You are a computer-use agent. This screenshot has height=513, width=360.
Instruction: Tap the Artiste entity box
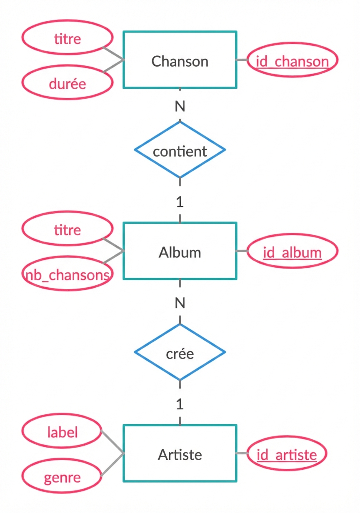[x=180, y=453]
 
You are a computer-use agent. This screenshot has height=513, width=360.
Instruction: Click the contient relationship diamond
[x=180, y=150]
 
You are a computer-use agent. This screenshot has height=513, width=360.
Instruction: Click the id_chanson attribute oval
[x=292, y=61]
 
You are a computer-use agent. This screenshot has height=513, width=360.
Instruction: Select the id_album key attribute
[x=292, y=252]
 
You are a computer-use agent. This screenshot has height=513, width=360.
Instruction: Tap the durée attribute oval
[x=67, y=83]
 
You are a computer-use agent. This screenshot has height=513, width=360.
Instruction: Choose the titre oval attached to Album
[x=67, y=229]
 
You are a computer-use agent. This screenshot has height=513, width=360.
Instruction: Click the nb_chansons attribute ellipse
[x=67, y=274]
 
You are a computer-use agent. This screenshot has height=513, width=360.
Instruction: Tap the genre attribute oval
[x=62, y=476]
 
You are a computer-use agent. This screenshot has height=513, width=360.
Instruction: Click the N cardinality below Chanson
[x=180, y=107]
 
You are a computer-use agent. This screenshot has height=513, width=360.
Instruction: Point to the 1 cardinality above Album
[x=180, y=202]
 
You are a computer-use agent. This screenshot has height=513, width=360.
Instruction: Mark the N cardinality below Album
[x=180, y=303]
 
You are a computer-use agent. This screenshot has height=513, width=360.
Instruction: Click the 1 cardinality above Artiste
[x=180, y=404]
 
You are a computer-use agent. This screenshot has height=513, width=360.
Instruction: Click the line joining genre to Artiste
[x=112, y=465]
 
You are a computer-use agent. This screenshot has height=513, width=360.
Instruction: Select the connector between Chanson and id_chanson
[x=242, y=60]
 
